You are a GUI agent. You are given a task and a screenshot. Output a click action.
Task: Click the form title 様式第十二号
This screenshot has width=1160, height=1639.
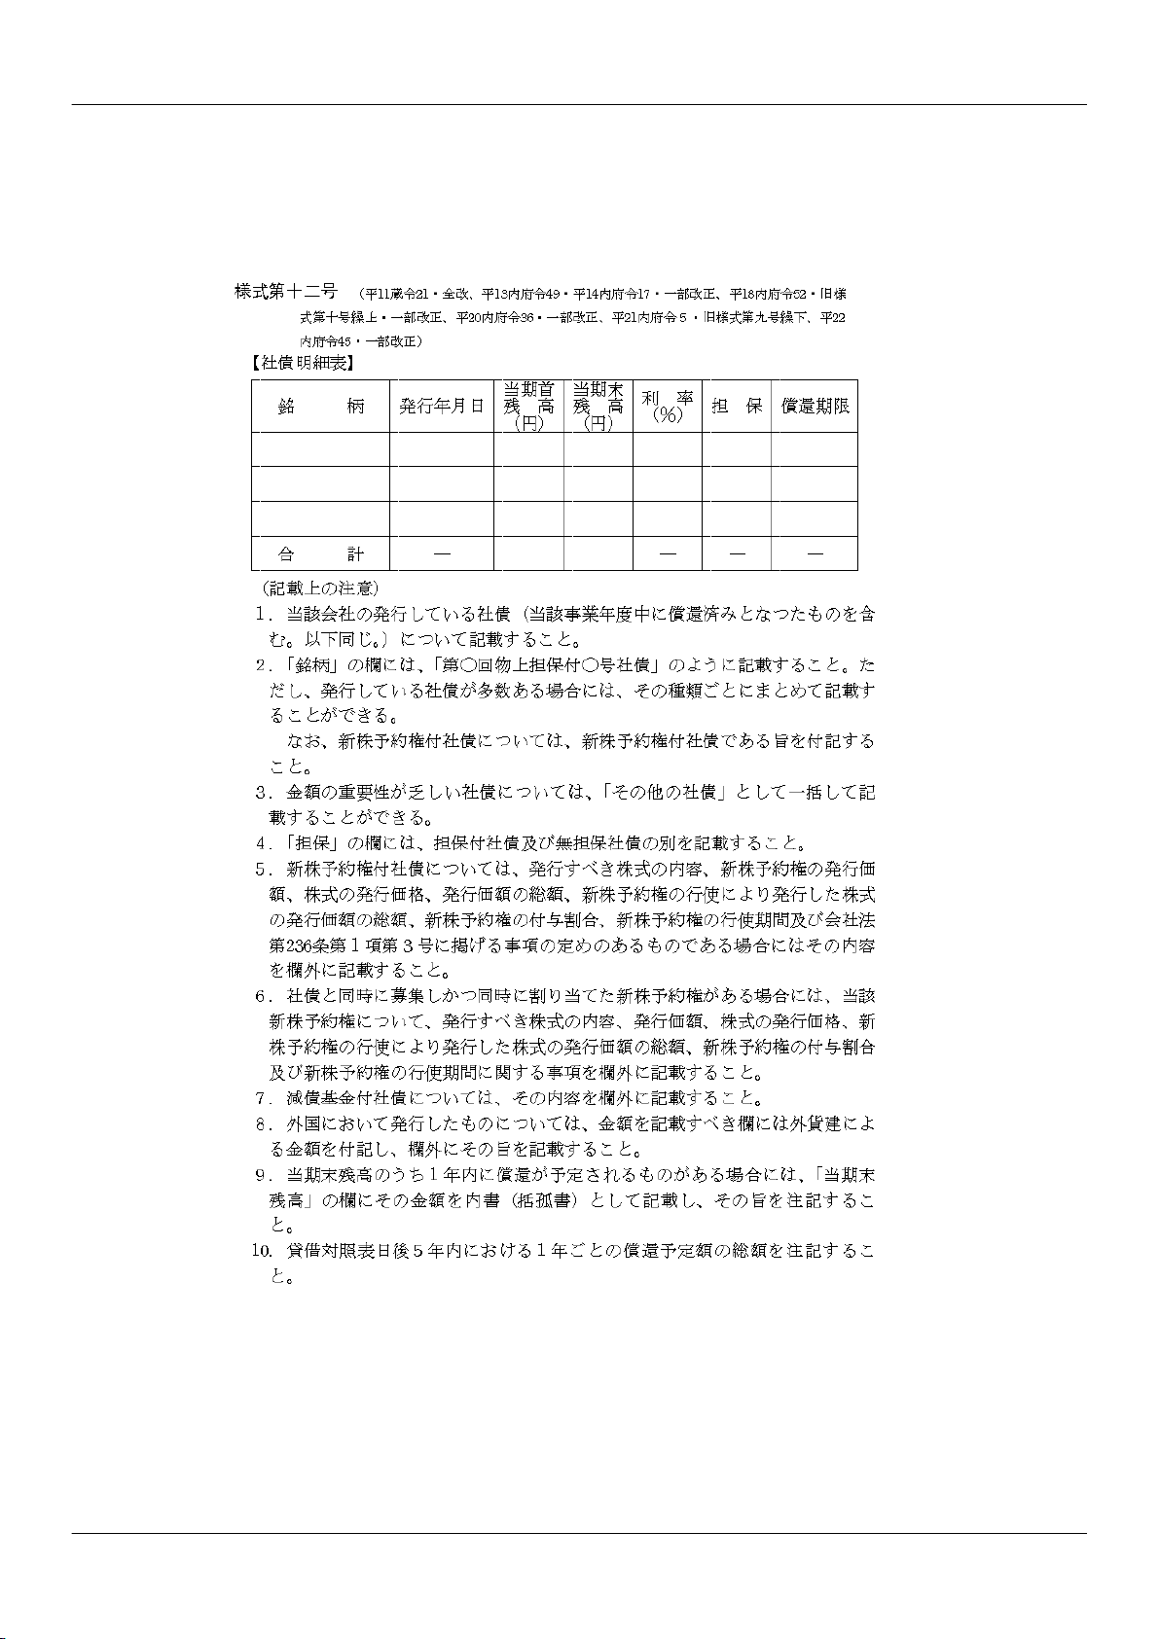(285, 291)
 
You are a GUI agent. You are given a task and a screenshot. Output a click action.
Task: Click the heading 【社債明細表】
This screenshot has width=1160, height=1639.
(301, 365)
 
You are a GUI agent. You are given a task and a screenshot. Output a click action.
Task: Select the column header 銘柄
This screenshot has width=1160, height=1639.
(320, 407)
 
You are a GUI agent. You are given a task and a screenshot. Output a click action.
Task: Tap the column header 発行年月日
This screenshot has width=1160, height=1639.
(441, 407)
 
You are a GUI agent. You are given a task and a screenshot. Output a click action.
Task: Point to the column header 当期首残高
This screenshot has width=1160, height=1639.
(528, 406)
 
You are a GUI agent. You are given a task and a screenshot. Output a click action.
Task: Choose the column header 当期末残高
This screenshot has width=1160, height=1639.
(598, 406)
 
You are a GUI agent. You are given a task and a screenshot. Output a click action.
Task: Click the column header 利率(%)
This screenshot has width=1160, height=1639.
(668, 407)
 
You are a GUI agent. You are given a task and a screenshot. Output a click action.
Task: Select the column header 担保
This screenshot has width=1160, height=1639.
(737, 407)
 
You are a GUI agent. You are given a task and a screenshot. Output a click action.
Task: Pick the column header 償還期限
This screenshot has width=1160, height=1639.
(815, 407)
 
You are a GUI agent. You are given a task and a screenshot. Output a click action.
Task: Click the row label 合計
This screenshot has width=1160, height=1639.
(320, 553)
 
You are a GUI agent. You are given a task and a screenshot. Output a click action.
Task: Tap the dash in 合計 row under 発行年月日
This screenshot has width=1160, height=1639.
(441, 553)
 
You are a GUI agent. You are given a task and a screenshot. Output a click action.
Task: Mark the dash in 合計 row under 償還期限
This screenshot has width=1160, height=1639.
(815, 553)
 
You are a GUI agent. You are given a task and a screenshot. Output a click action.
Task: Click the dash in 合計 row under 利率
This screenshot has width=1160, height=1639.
(668, 553)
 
